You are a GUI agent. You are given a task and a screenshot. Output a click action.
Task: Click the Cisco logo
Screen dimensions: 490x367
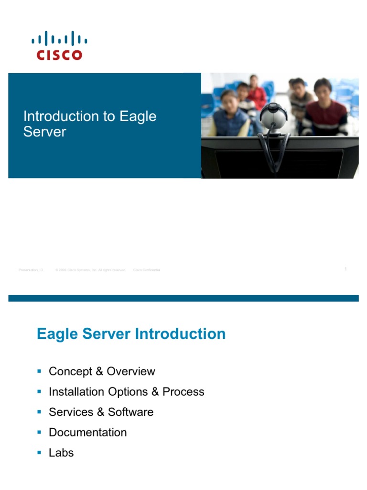[60, 46]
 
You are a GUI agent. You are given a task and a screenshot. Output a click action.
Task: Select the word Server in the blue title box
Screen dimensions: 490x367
[44, 132]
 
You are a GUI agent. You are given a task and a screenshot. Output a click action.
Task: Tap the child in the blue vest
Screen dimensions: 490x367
[230, 117]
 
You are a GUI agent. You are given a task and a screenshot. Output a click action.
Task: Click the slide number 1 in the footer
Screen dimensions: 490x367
[345, 269]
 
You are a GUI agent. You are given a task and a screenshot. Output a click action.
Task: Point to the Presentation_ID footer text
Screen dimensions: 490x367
[31, 270]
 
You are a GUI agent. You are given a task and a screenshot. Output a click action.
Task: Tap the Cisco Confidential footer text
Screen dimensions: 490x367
[147, 270]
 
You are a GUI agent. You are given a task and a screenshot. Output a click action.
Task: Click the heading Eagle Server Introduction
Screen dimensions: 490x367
[131, 334]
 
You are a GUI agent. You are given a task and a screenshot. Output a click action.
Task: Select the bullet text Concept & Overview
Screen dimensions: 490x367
[102, 371]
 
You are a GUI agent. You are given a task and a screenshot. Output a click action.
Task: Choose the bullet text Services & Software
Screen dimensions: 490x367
[101, 412]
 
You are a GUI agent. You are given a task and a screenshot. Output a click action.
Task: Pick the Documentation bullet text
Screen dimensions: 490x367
[88, 433]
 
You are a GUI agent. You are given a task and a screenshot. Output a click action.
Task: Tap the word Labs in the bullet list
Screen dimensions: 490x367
[61, 453]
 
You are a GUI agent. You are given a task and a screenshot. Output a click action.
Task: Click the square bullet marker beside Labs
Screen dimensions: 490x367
[40, 452]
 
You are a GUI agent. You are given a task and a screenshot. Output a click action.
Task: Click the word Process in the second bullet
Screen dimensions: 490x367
[183, 392]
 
